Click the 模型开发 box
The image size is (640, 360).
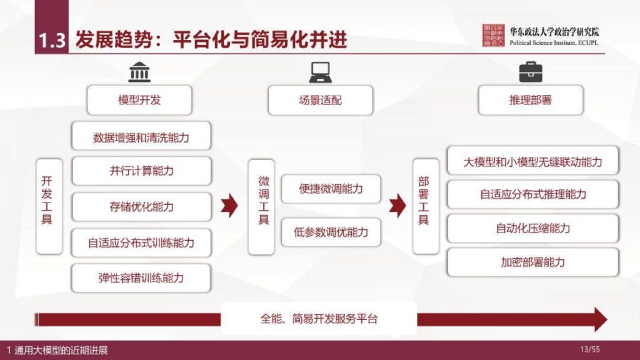[x=139, y=100]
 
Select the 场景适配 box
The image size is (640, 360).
[x=320, y=100]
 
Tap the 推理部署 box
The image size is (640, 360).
[x=530, y=100]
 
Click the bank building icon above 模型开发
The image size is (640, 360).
[x=139, y=72]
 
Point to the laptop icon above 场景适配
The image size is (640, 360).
[x=320, y=72]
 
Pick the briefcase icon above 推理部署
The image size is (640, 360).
[x=530, y=72]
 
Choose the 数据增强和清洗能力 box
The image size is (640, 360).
[x=141, y=137]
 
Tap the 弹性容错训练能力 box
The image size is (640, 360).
[x=141, y=277]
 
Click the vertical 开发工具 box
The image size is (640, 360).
[x=48, y=206]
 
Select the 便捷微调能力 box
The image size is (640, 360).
[x=331, y=188]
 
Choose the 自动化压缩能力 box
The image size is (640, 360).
[x=533, y=228]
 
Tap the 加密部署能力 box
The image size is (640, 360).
[x=533, y=262]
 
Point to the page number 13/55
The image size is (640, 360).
[x=589, y=349]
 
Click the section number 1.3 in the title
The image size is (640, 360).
[x=51, y=41]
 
